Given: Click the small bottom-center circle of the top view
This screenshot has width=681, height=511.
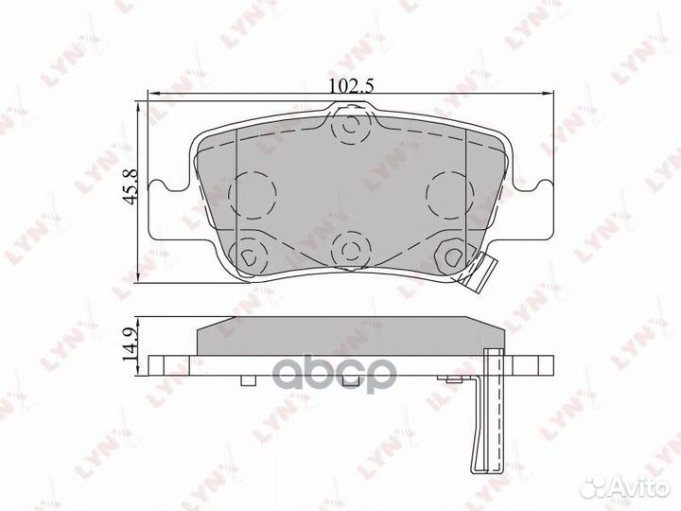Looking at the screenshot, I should click(x=350, y=251).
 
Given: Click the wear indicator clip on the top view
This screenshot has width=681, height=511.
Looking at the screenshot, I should click(x=477, y=273).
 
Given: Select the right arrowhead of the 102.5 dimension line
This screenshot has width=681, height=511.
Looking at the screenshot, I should click(x=546, y=93).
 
